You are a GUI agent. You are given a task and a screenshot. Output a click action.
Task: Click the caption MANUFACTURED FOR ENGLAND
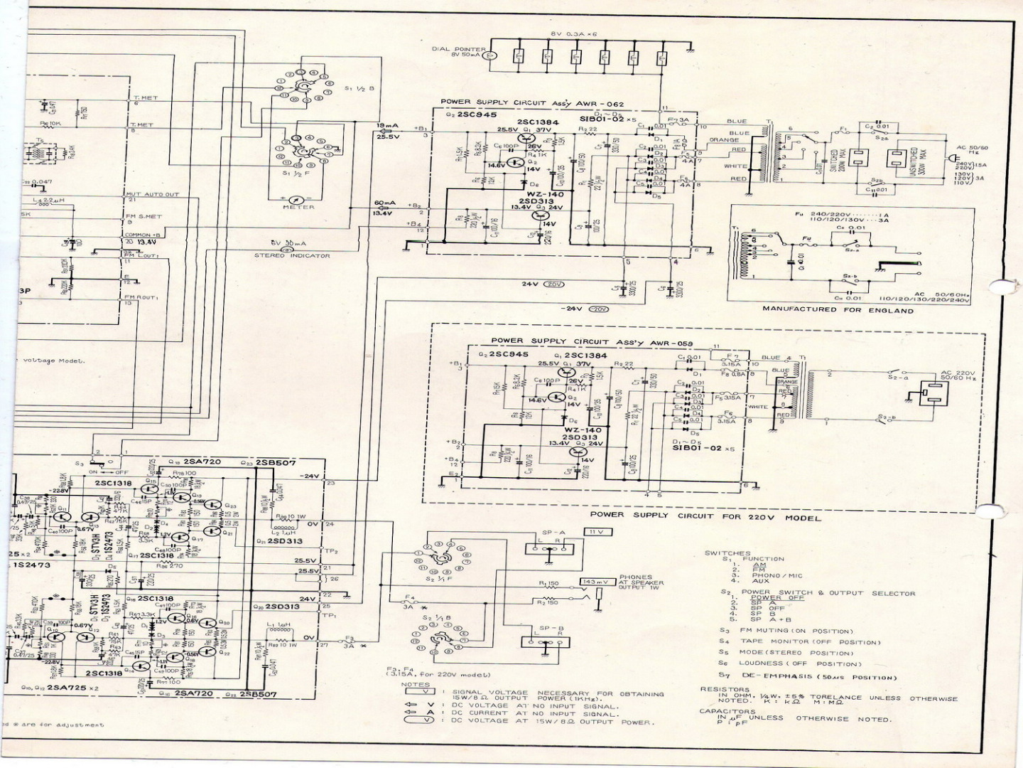pos(838,310)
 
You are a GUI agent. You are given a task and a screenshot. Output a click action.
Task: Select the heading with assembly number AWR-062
pos(532,103)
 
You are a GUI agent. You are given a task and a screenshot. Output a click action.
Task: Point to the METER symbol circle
pos(298,200)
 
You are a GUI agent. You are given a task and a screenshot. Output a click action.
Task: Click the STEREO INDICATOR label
pos(292,256)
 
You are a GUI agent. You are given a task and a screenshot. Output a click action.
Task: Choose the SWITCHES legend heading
pos(727,553)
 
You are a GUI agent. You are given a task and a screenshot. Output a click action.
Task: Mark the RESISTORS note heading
pos(725,688)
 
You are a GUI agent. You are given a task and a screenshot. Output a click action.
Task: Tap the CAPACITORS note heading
pos(727,710)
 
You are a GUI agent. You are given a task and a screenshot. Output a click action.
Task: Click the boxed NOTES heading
pos(416,685)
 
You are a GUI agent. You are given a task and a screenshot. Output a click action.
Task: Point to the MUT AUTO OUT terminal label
pos(153,194)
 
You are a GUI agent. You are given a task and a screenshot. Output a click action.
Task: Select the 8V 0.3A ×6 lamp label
pos(574,34)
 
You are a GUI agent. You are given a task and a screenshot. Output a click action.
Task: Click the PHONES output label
pos(635,577)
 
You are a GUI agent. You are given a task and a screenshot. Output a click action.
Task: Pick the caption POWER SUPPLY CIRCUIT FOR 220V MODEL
pos(705,517)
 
